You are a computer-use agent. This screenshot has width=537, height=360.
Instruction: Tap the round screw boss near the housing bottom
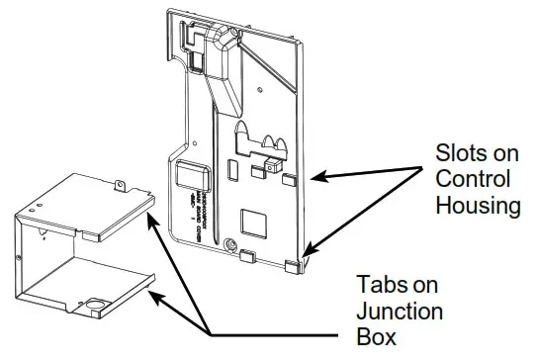[x=231, y=244]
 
